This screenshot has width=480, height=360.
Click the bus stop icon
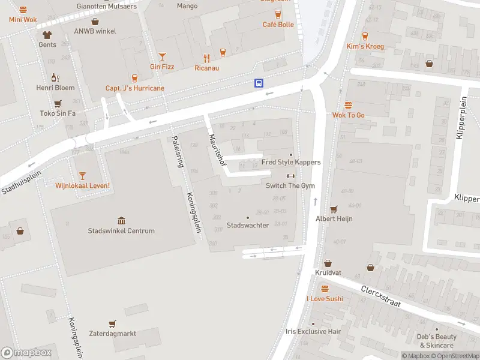coord(259,83)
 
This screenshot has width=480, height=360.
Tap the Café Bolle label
coord(278,25)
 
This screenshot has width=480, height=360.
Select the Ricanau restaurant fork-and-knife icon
coord(206,58)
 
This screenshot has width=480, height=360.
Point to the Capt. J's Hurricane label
coord(134,88)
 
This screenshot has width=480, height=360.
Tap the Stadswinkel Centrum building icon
coord(121,221)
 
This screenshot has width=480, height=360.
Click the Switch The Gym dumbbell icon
coord(290,176)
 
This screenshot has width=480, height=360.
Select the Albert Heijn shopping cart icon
coord(334,209)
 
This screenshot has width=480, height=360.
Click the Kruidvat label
coord(328,273)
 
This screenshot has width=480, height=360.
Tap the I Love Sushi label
coord(325,298)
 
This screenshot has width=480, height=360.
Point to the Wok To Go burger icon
coord(348,105)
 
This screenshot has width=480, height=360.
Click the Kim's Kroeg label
coord(365,46)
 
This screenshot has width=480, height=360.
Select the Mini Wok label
coord(23,19)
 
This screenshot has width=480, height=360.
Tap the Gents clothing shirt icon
coord(47,35)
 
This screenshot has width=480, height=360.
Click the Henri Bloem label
coord(55,88)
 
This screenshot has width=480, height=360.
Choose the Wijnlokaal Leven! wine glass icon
coord(82,175)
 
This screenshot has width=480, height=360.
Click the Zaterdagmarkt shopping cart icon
coord(112,324)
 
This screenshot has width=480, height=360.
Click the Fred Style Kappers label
coord(291,162)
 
